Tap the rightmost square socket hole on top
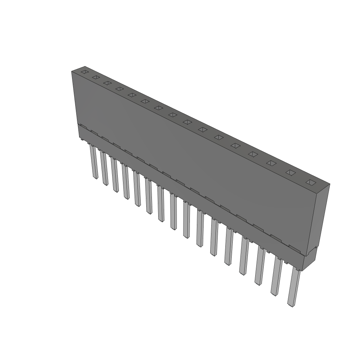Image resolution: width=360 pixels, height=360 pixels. click(x=310, y=182)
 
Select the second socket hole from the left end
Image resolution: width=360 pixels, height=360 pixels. click(x=95, y=77)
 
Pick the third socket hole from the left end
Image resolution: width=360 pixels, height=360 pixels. click(x=107, y=83)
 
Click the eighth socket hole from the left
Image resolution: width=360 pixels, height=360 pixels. click(x=173, y=115)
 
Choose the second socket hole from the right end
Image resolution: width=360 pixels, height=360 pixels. click(x=290, y=172)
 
